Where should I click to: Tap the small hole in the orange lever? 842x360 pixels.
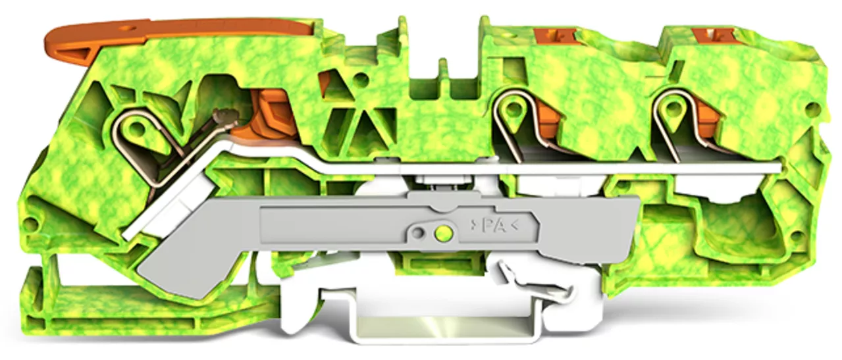click(x=130, y=28)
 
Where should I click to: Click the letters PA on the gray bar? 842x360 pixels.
click(x=494, y=226)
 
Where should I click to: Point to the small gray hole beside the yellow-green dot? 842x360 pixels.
click(x=417, y=233)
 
